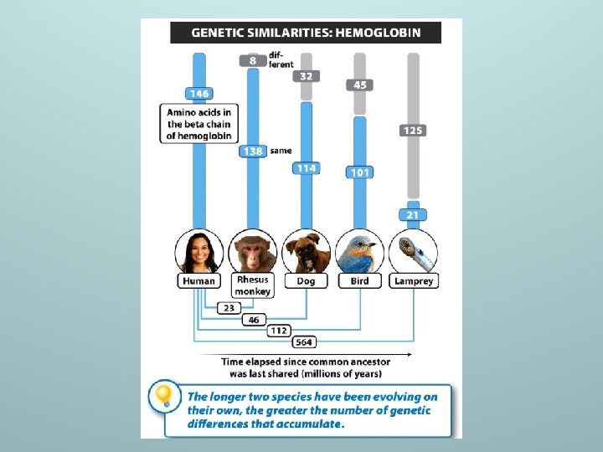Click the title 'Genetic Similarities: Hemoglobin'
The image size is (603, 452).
coord(306,33)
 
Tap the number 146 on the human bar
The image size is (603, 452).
coord(199,93)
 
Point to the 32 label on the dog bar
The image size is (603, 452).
coord(306,76)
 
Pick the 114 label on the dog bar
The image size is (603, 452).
coord(306,168)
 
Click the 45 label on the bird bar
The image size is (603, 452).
coord(360,85)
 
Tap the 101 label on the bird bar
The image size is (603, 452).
coord(360,173)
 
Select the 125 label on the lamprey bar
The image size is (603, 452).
coord(413,131)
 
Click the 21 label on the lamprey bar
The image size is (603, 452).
coord(413,215)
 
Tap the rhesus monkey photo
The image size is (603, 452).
coord(253,251)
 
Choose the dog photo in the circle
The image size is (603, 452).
coord(306,251)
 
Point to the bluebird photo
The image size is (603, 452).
coord(359,250)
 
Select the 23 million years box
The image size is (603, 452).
coord(229,308)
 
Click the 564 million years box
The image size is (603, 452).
coord(304,342)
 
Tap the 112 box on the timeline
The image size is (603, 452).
coord(279,331)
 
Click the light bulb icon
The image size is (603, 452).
coord(164,395)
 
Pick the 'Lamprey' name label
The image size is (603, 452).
coord(414,281)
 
